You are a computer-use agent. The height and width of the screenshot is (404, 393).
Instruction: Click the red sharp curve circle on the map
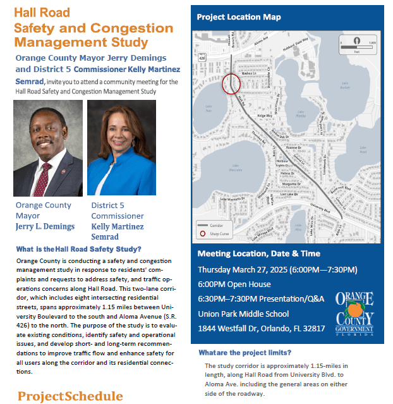(231, 84)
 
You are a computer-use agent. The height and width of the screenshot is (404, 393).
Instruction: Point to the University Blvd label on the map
(320, 207)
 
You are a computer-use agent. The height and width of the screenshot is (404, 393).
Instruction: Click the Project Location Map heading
(239, 17)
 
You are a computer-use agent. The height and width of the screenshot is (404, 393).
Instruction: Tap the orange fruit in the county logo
(358, 310)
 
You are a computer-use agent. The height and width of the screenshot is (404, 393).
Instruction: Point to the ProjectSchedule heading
(70, 396)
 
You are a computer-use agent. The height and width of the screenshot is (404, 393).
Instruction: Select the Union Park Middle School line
(243, 314)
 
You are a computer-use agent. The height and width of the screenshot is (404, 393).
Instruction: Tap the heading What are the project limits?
(245, 352)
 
